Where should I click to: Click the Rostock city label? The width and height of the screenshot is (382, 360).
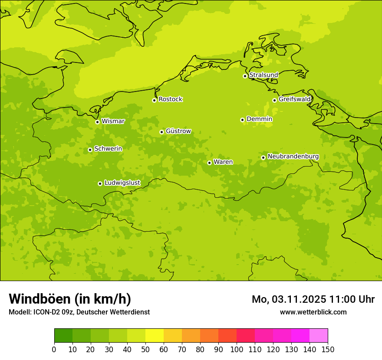(170, 99)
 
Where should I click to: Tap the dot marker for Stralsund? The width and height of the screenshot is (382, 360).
(245, 76)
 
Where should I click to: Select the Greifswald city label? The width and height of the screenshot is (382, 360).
(294, 99)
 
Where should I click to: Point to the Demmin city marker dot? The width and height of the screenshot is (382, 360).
(242, 120)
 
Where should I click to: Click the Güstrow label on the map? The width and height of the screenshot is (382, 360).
(178, 131)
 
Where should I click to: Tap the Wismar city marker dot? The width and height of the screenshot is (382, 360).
(97, 122)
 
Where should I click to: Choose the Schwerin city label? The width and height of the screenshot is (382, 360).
(108, 149)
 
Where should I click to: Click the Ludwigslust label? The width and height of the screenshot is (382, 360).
(122, 183)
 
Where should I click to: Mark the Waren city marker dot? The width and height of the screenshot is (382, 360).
(209, 163)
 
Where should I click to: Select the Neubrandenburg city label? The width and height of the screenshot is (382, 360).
(293, 157)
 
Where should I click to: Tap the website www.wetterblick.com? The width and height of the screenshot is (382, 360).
(313, 312)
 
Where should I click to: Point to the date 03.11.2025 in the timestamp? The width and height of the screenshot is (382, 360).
(299, 299)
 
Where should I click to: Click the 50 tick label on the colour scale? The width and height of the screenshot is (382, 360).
(145, 350)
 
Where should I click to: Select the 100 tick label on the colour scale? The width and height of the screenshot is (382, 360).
(237, 350)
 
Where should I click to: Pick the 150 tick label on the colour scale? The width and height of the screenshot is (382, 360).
(328, 350)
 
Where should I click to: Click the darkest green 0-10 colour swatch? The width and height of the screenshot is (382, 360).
(63, 336)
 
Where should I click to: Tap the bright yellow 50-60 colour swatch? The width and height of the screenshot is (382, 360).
(155, 336)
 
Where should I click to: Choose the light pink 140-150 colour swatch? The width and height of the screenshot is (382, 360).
(319, 336)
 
